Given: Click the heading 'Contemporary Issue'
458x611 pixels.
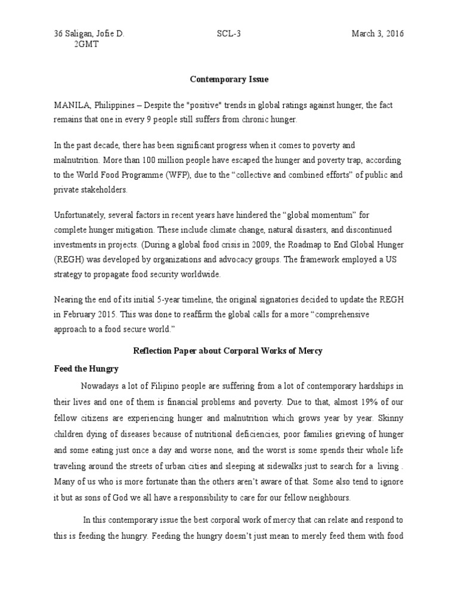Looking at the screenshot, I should pos(228,78).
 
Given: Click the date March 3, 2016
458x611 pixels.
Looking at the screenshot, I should pos(377,34).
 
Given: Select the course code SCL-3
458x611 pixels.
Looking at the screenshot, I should pos(228,34).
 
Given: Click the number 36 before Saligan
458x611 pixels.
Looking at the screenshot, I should pos(58,34).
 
